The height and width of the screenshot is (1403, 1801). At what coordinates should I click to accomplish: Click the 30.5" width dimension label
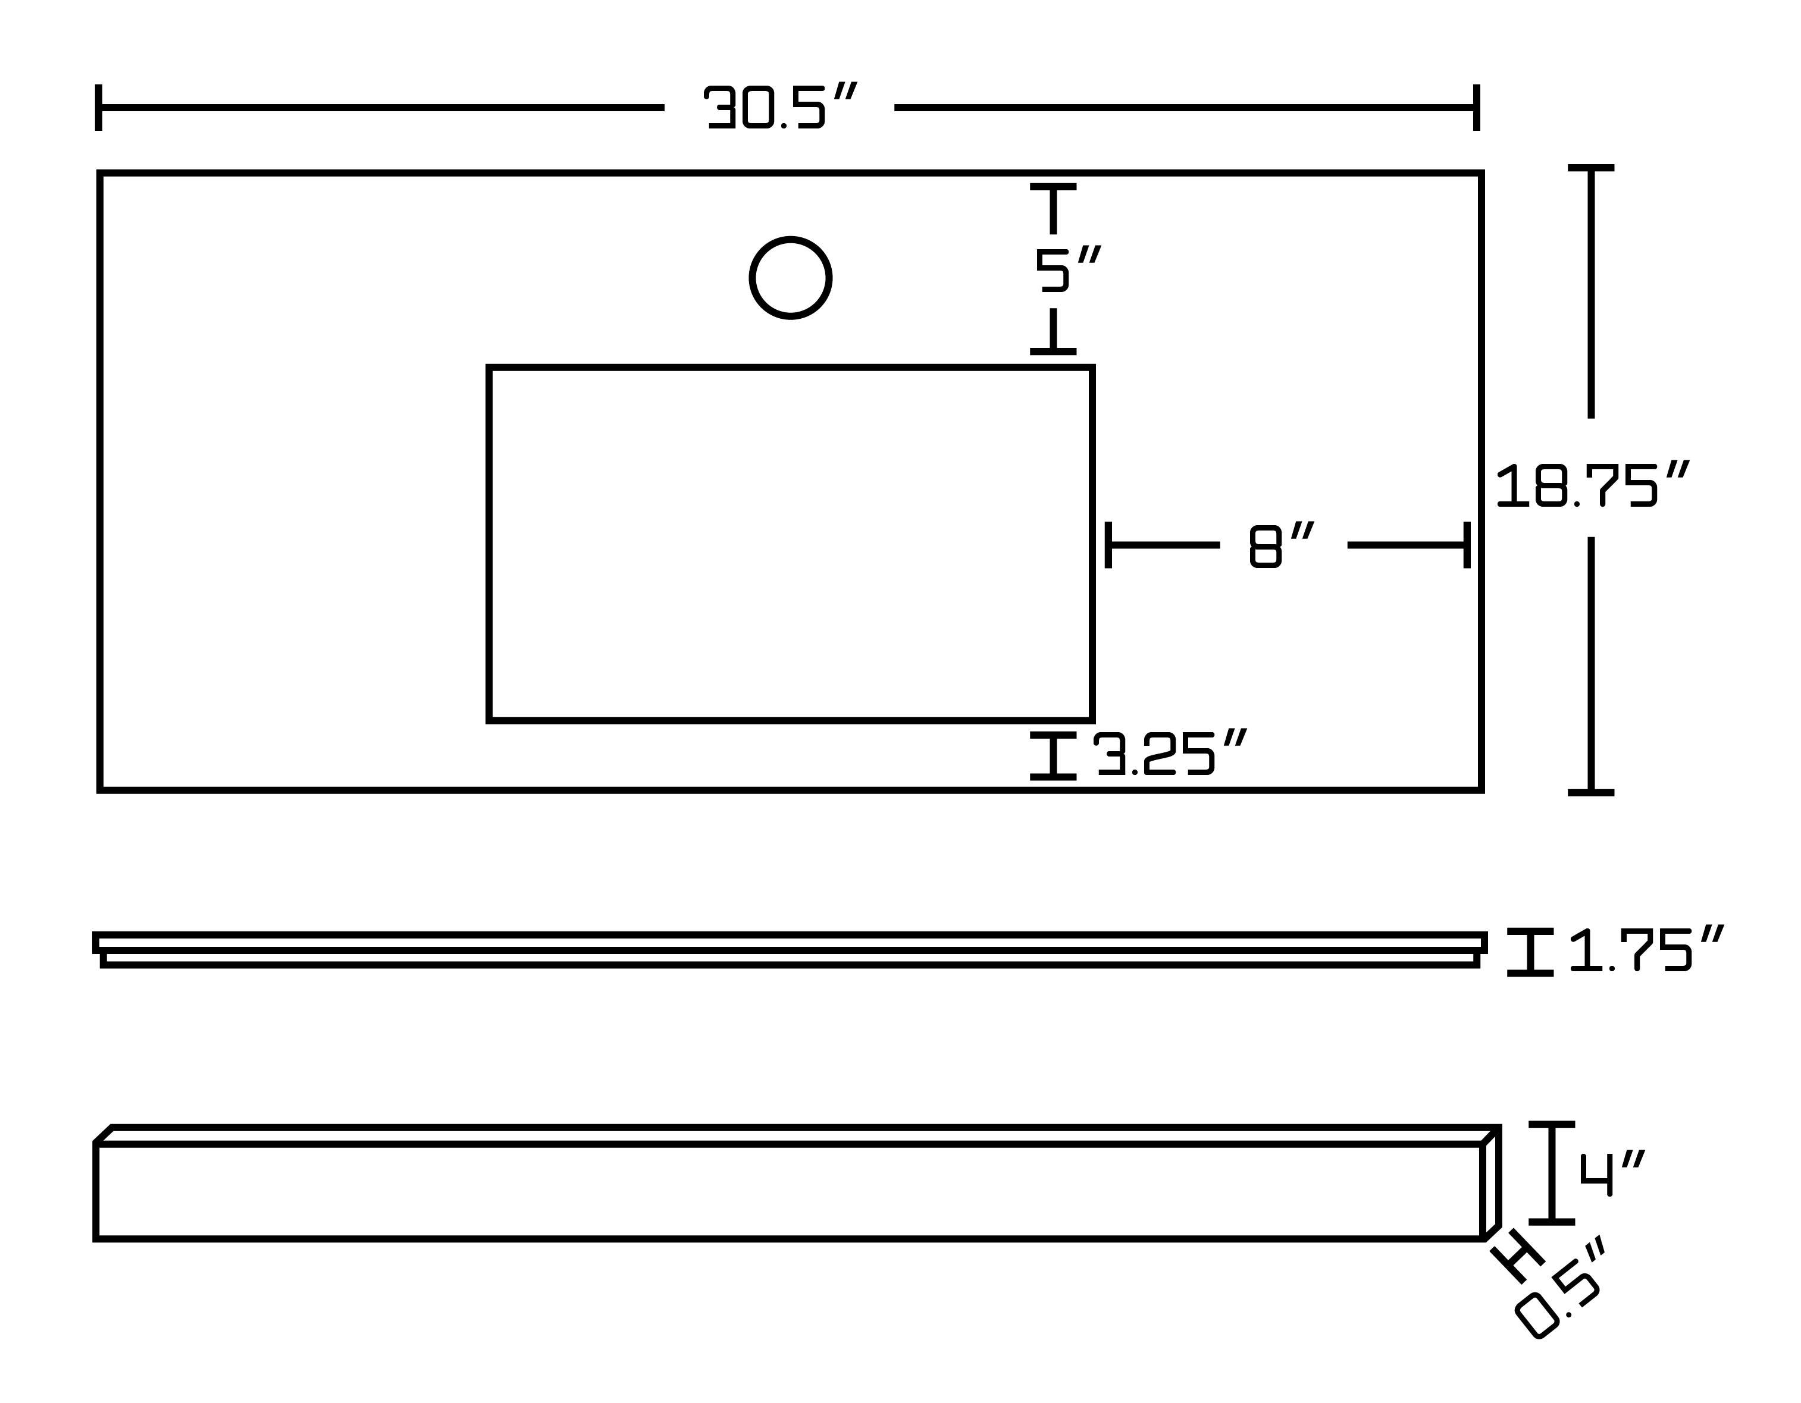780,106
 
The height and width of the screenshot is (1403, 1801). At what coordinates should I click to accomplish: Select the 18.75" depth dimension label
1592,485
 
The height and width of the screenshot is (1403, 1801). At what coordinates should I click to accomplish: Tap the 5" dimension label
1067,269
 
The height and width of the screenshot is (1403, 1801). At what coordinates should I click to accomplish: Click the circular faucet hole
790,278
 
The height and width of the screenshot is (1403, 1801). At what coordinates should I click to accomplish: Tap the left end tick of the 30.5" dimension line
99,107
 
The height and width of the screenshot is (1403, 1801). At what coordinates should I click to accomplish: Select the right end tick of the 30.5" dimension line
1476,107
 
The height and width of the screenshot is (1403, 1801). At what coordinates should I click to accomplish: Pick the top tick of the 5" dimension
1053,188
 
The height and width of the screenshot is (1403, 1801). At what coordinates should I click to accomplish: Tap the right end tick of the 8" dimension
1467,545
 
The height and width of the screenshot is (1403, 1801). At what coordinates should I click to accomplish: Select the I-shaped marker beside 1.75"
1530,952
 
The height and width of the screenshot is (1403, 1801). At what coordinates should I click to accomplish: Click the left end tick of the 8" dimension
1108,545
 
